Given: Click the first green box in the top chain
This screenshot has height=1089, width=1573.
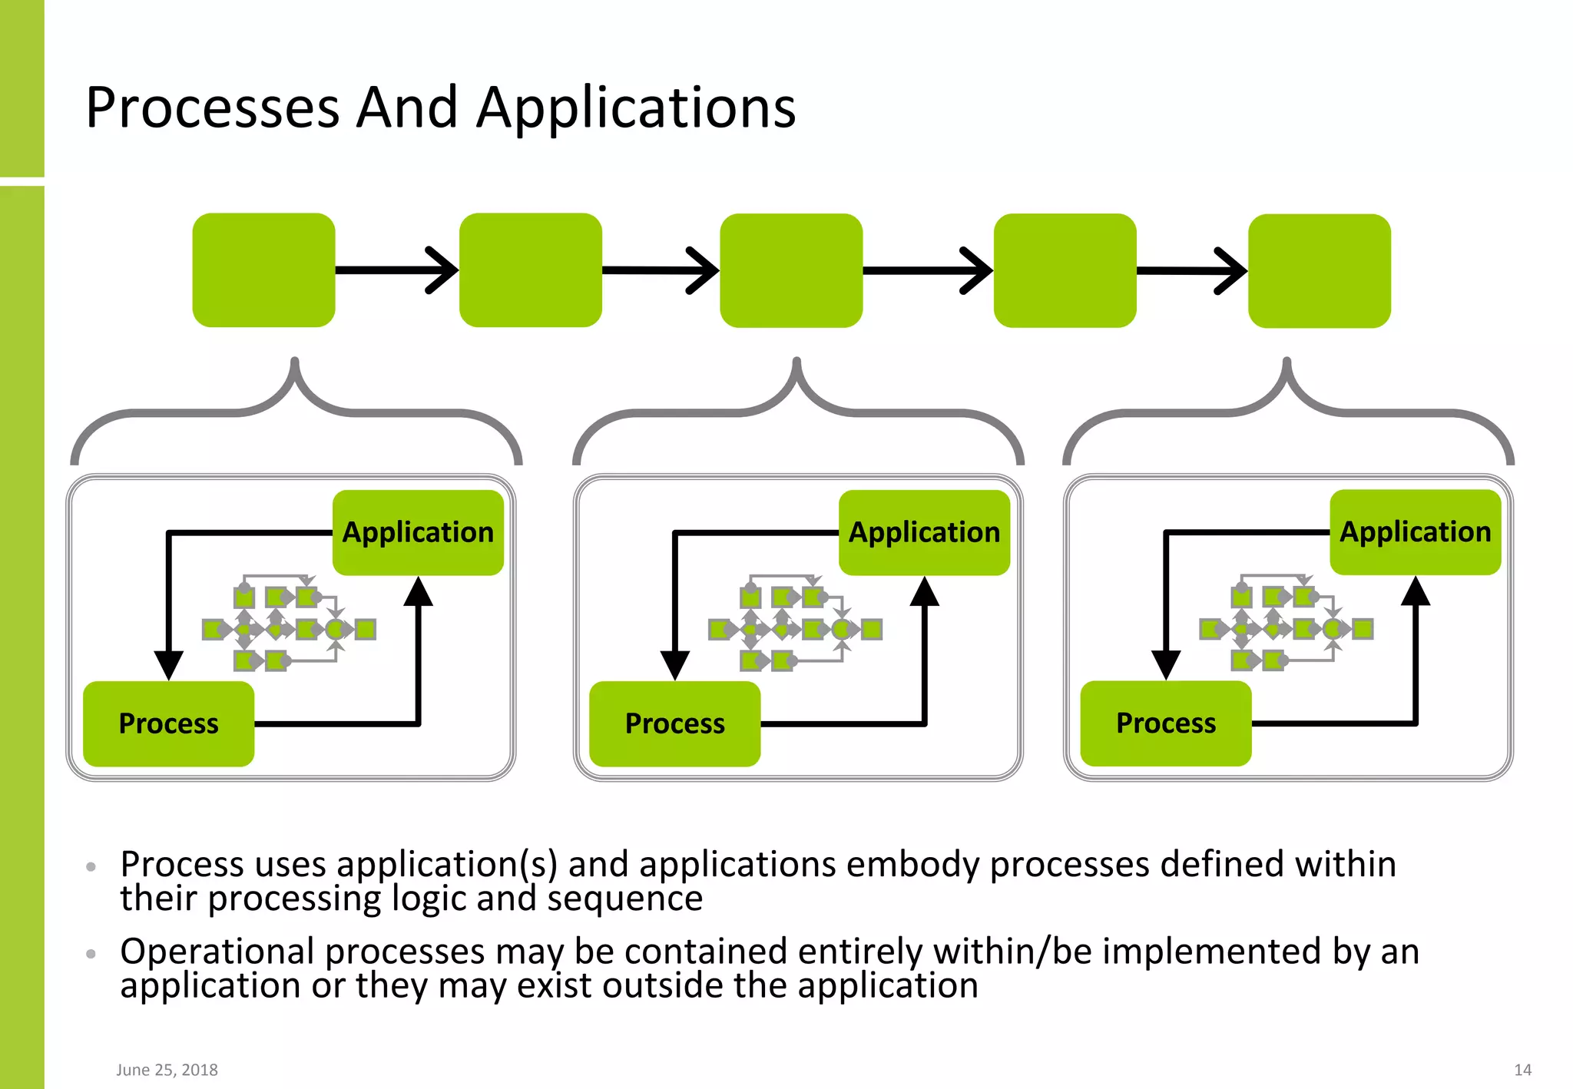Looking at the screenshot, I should pyautogui.click(x=263, y=270).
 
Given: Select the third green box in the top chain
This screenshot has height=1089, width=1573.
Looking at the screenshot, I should pyautogui.click(x=791, y=270).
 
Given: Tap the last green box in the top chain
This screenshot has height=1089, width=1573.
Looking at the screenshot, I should pyautogui.click(x=1319, y=270).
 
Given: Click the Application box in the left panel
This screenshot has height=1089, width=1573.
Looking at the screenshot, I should pyautogui.click(x=418, y=532).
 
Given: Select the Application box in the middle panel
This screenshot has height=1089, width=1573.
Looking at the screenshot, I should pyautogui.click(x=924, y=532).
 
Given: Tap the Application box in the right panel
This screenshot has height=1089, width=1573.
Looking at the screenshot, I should pyautogui.click(x=1415, y=531).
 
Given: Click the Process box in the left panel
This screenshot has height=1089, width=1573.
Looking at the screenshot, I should pyautogui.click(x=168, y=723).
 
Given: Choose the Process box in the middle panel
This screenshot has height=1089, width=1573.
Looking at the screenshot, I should pyautogui.click(x=674, y=723).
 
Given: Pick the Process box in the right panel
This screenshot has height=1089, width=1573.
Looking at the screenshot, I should pyautogui.click(x=1165, y=723).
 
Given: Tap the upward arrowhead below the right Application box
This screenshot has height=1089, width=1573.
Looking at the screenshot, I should pyautogui.click(x=1415, y=591).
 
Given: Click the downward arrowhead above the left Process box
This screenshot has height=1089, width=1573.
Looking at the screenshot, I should pyautogui.click(x=168, y=664).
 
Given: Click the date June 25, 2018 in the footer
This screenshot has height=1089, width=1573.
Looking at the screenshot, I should pyautogui.click(x=167, y=1070).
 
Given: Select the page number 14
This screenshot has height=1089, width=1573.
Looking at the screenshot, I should pyautogui.click(x=1522, y=1070).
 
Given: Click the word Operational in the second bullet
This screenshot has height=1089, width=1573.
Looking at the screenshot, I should pyautogui.click(x=217, y=952).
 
